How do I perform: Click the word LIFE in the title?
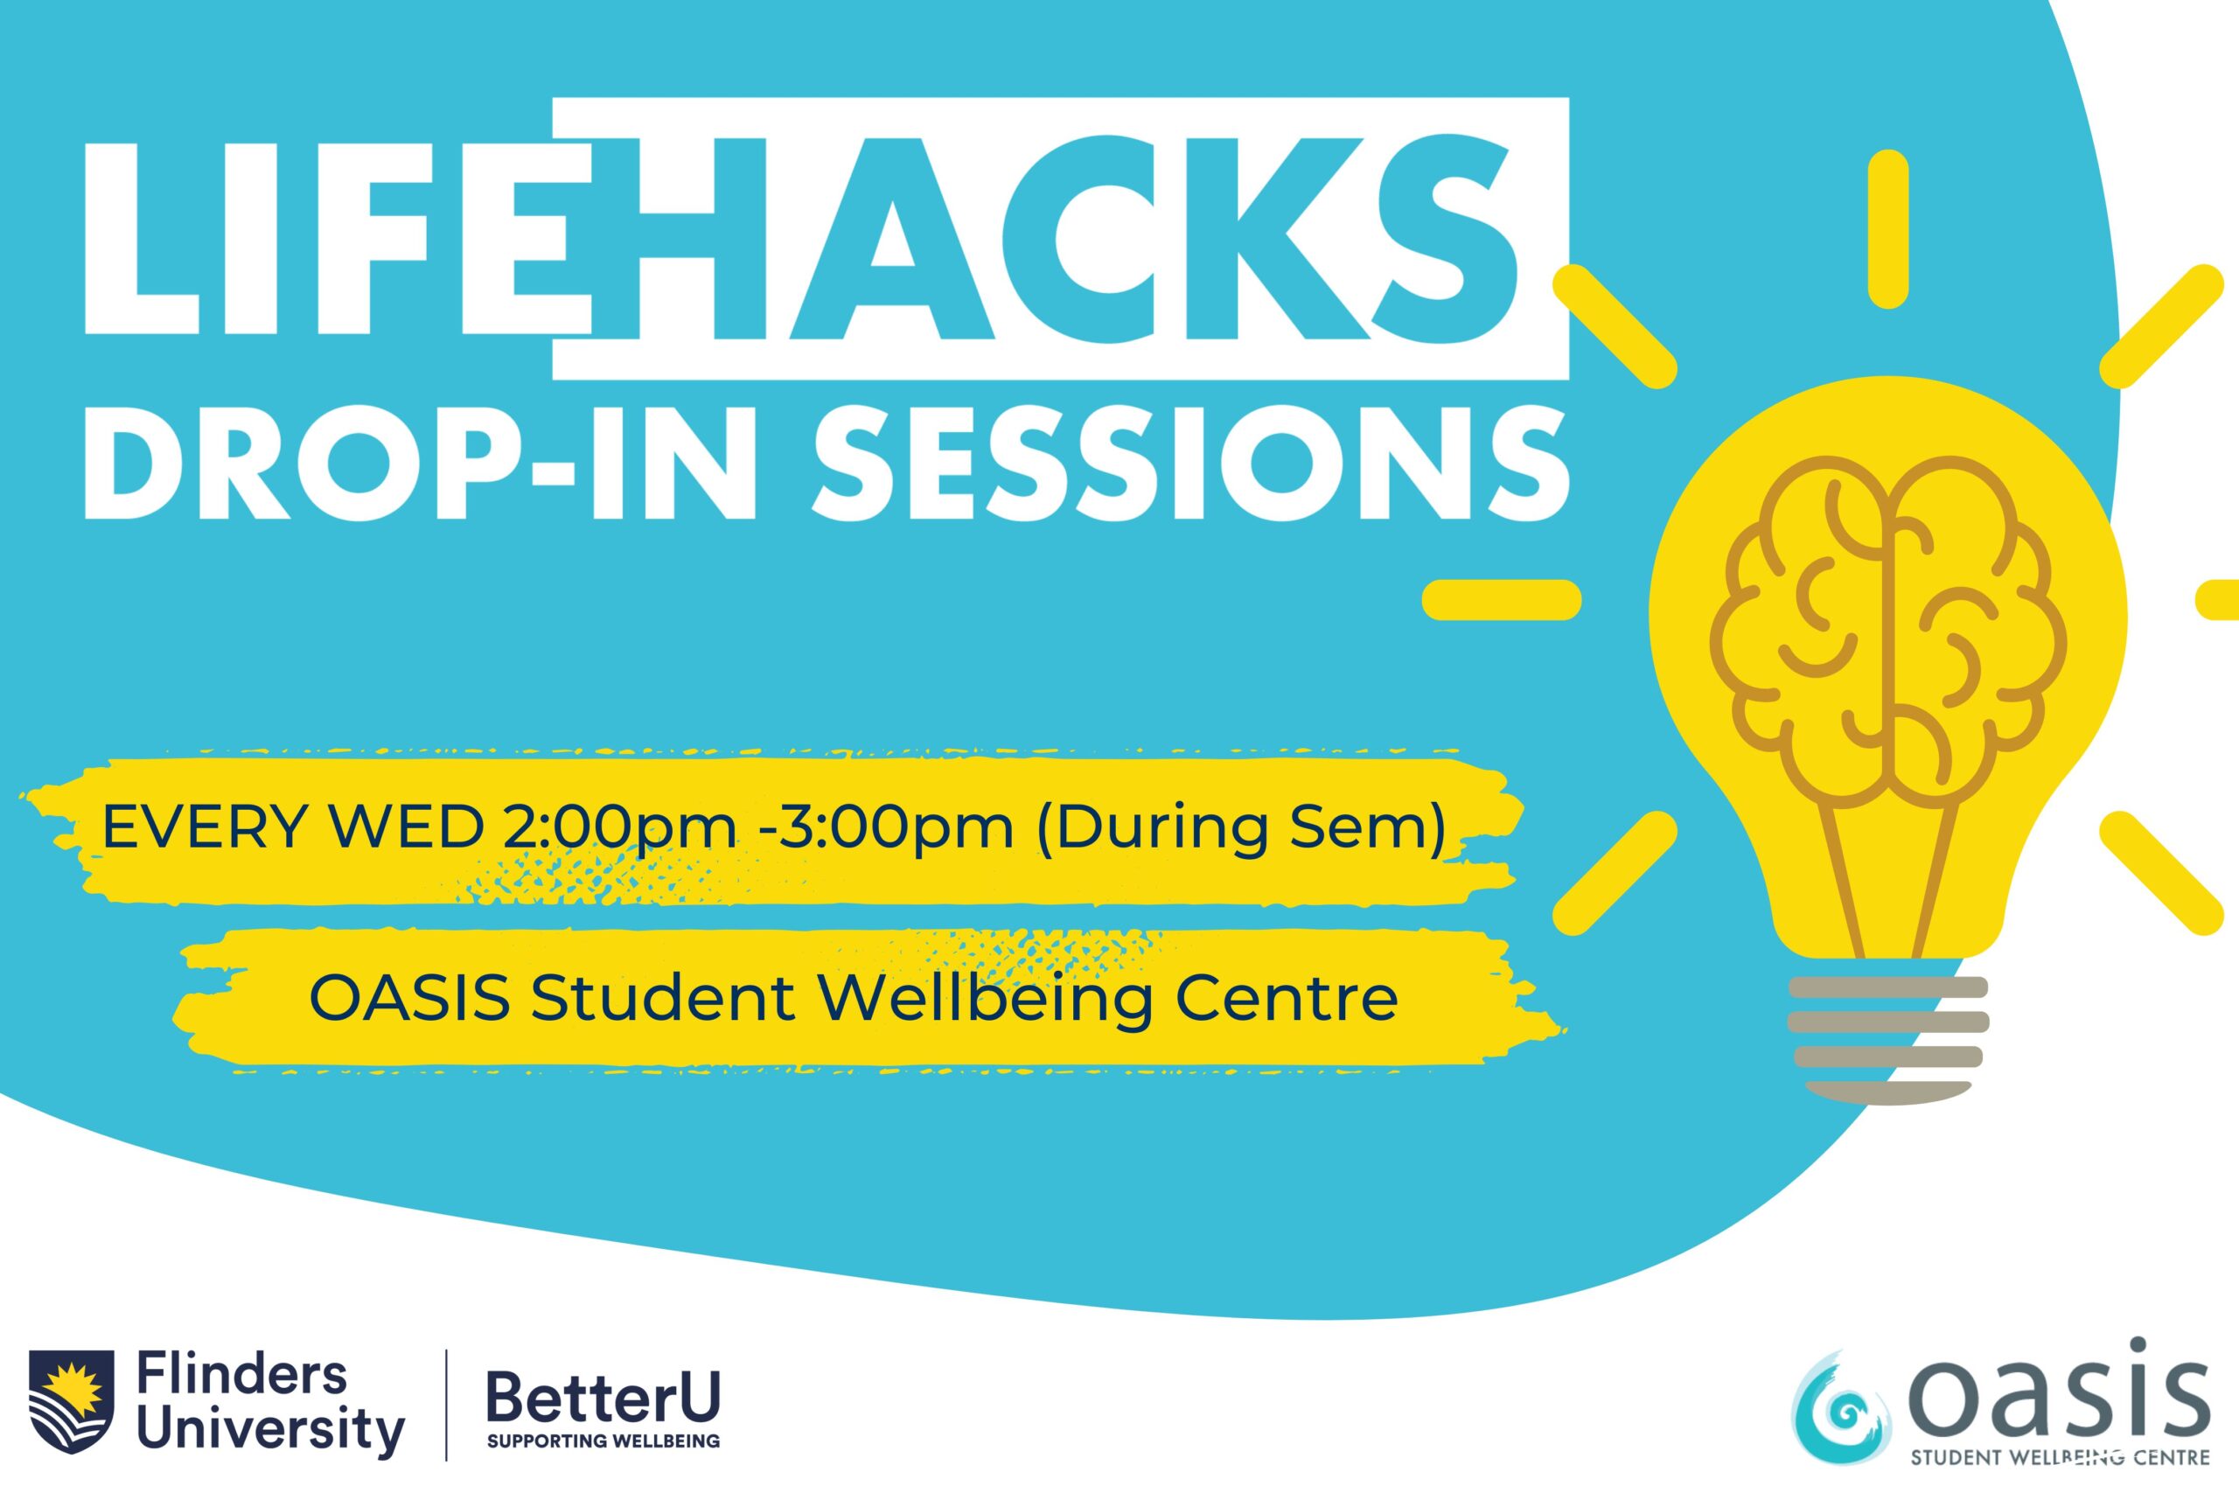[337, 238]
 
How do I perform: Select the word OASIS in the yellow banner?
[410, 998]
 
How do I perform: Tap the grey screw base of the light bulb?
[1887, 1040]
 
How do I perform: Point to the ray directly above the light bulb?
[1888, 229]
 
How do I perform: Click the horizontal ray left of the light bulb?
[1501, 600]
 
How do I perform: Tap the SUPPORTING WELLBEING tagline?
[603, 1441]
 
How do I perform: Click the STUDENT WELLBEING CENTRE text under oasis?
[2059, 1457]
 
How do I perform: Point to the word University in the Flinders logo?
[270, 1430]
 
